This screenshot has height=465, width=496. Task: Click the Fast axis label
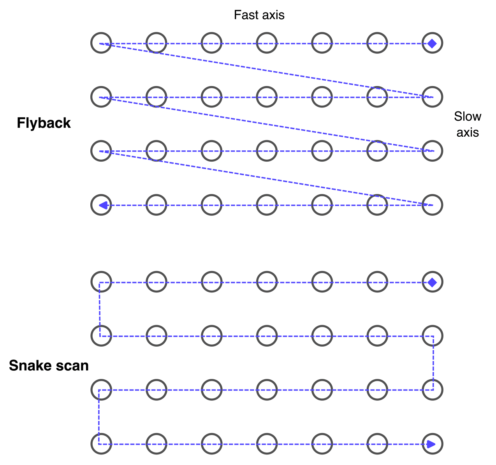click(x=259, y=15)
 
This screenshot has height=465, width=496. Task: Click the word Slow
click(x=468, y=116)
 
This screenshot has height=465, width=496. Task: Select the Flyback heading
click(x=44, y=123)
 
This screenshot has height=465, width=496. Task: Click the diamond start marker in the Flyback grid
click(x=432, y=43)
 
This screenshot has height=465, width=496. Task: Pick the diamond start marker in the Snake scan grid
click(x=432, y=282)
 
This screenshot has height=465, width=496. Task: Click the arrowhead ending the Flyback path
click(x=103, y=205)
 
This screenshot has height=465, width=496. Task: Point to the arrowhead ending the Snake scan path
click(x=431, y=444)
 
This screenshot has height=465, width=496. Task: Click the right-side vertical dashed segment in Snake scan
click(x=433, y=362)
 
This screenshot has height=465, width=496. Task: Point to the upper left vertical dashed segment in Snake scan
click(x=100, y=309)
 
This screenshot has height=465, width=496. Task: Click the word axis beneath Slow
click(x=468, y=133)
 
